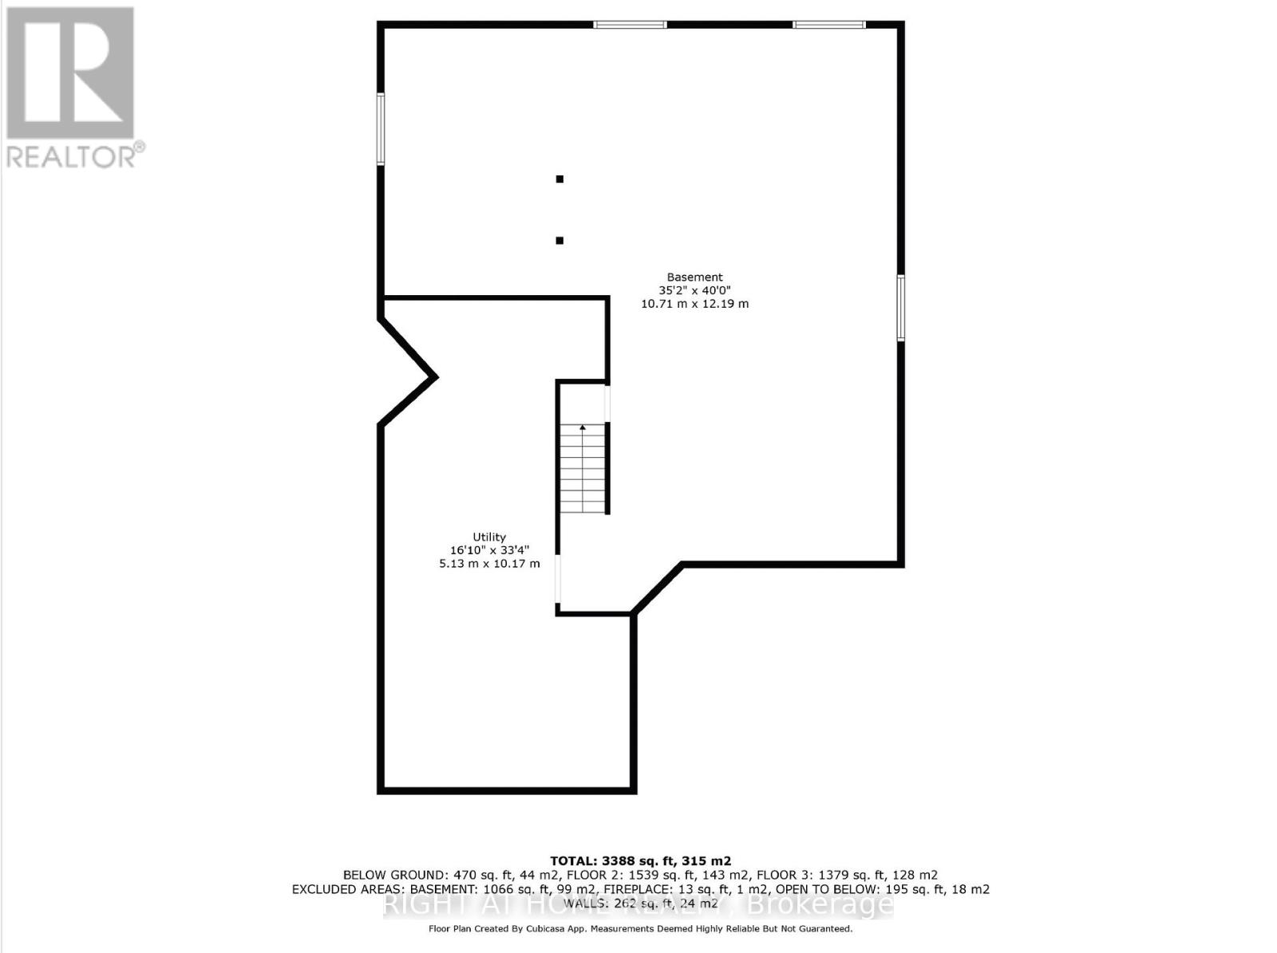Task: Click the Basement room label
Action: [x=694, y=278]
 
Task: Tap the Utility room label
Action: [x=488, y=538]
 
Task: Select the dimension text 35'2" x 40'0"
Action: [x=694, y=290]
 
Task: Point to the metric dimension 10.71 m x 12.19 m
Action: [x=694, y=304]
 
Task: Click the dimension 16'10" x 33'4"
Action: [x=489, y=550]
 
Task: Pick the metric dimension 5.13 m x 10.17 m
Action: [x=489, y=564]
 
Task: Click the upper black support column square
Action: [x=559, y=179]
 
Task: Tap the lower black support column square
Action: [x=559, y=240]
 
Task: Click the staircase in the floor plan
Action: [x=583, y=471]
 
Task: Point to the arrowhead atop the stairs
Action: [x=583, y=428]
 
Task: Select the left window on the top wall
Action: [x=630, y=25]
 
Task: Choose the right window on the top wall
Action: [x=828, y=25]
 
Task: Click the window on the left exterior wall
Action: [x=381, y=129]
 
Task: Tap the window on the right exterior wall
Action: [x=901, y=308]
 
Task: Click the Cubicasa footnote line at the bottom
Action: [x=640, y=928]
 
